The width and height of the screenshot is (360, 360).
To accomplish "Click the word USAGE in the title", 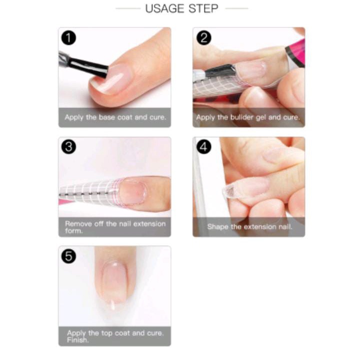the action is (x=165, y=8).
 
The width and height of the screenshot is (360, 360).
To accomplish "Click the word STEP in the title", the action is (x=203, y=8).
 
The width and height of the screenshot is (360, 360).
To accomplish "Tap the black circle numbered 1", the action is (x=68, y=38).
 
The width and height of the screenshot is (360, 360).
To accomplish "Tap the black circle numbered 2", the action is (x=204, y=37).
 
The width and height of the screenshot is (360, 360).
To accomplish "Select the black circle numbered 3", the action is (x=68, y=146).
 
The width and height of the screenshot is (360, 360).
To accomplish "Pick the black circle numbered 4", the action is (x=204, y=146).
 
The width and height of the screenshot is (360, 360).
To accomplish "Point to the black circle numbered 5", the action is (x=68, y=256).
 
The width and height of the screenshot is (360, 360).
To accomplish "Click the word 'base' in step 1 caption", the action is (x=107, y=117).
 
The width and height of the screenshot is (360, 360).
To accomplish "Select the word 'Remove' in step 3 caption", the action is (x=79, y=223).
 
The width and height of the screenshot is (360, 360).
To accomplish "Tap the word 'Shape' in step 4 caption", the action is (x=218, y=227).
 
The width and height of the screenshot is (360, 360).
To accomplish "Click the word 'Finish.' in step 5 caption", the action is (x=77, y=340).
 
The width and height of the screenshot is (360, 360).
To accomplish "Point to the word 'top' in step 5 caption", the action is (x=106, y=333).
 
